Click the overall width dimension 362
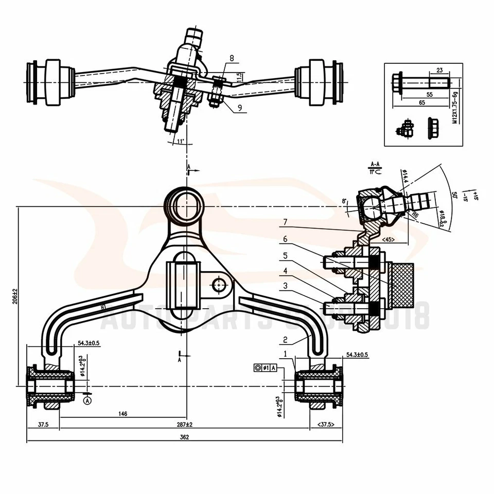tap(185, 437)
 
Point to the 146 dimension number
tap(122, 413)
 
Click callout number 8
tap(232, 59)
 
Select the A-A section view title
tap(375, 164)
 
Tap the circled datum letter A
tap(87, 399)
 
